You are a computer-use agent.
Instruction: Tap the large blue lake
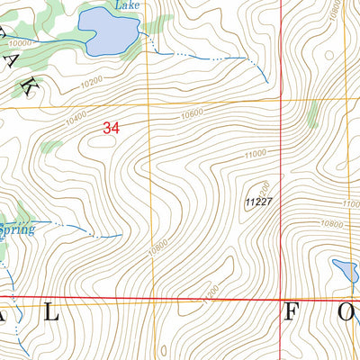point(108,32)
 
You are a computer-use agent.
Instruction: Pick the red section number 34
point(112,130)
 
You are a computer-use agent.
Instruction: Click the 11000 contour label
point(255,155)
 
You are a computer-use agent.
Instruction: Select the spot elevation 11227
point(257,202)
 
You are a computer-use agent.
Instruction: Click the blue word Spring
point(18,230)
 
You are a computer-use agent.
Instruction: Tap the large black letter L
point(51,313)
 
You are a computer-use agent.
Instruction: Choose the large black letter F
point(292,313)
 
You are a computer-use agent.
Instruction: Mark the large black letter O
point(345,313)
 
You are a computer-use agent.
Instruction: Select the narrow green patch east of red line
point(313,114)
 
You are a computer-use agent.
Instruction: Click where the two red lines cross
point(280,299)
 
